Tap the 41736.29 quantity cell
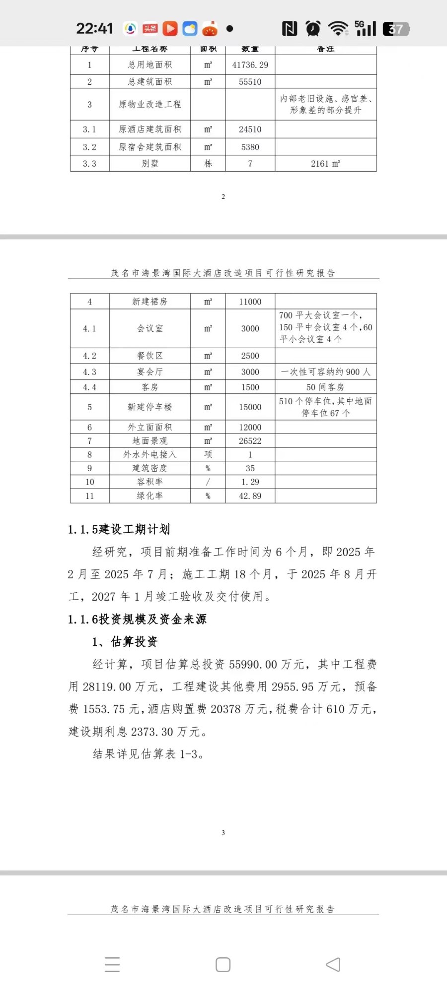[x=250, y=65]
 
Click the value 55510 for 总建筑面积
[x=250, y=82]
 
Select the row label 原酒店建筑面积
[x=149, y=129]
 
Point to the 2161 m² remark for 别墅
[x=325, y=164]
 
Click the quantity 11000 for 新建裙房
[x=250, y=302]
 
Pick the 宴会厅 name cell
[x=149, y=372]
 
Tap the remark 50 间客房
[x=325, y=387]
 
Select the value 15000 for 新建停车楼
[x=250, y=407]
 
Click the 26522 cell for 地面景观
[x=250, y=441]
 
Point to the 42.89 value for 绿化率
[x=250, y=496]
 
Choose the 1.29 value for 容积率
[x=250, y=482]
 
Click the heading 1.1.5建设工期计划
[x=119, y=529]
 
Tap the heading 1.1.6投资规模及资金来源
[x=137, y=619]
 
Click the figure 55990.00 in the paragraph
[x=253, y=664]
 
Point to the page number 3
[x=223, y=833]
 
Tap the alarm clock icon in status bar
[x=313, y=29]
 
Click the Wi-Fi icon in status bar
[x=338, y=29]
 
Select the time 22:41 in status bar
[x=94, y=29]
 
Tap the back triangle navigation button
[x=333, y=965]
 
